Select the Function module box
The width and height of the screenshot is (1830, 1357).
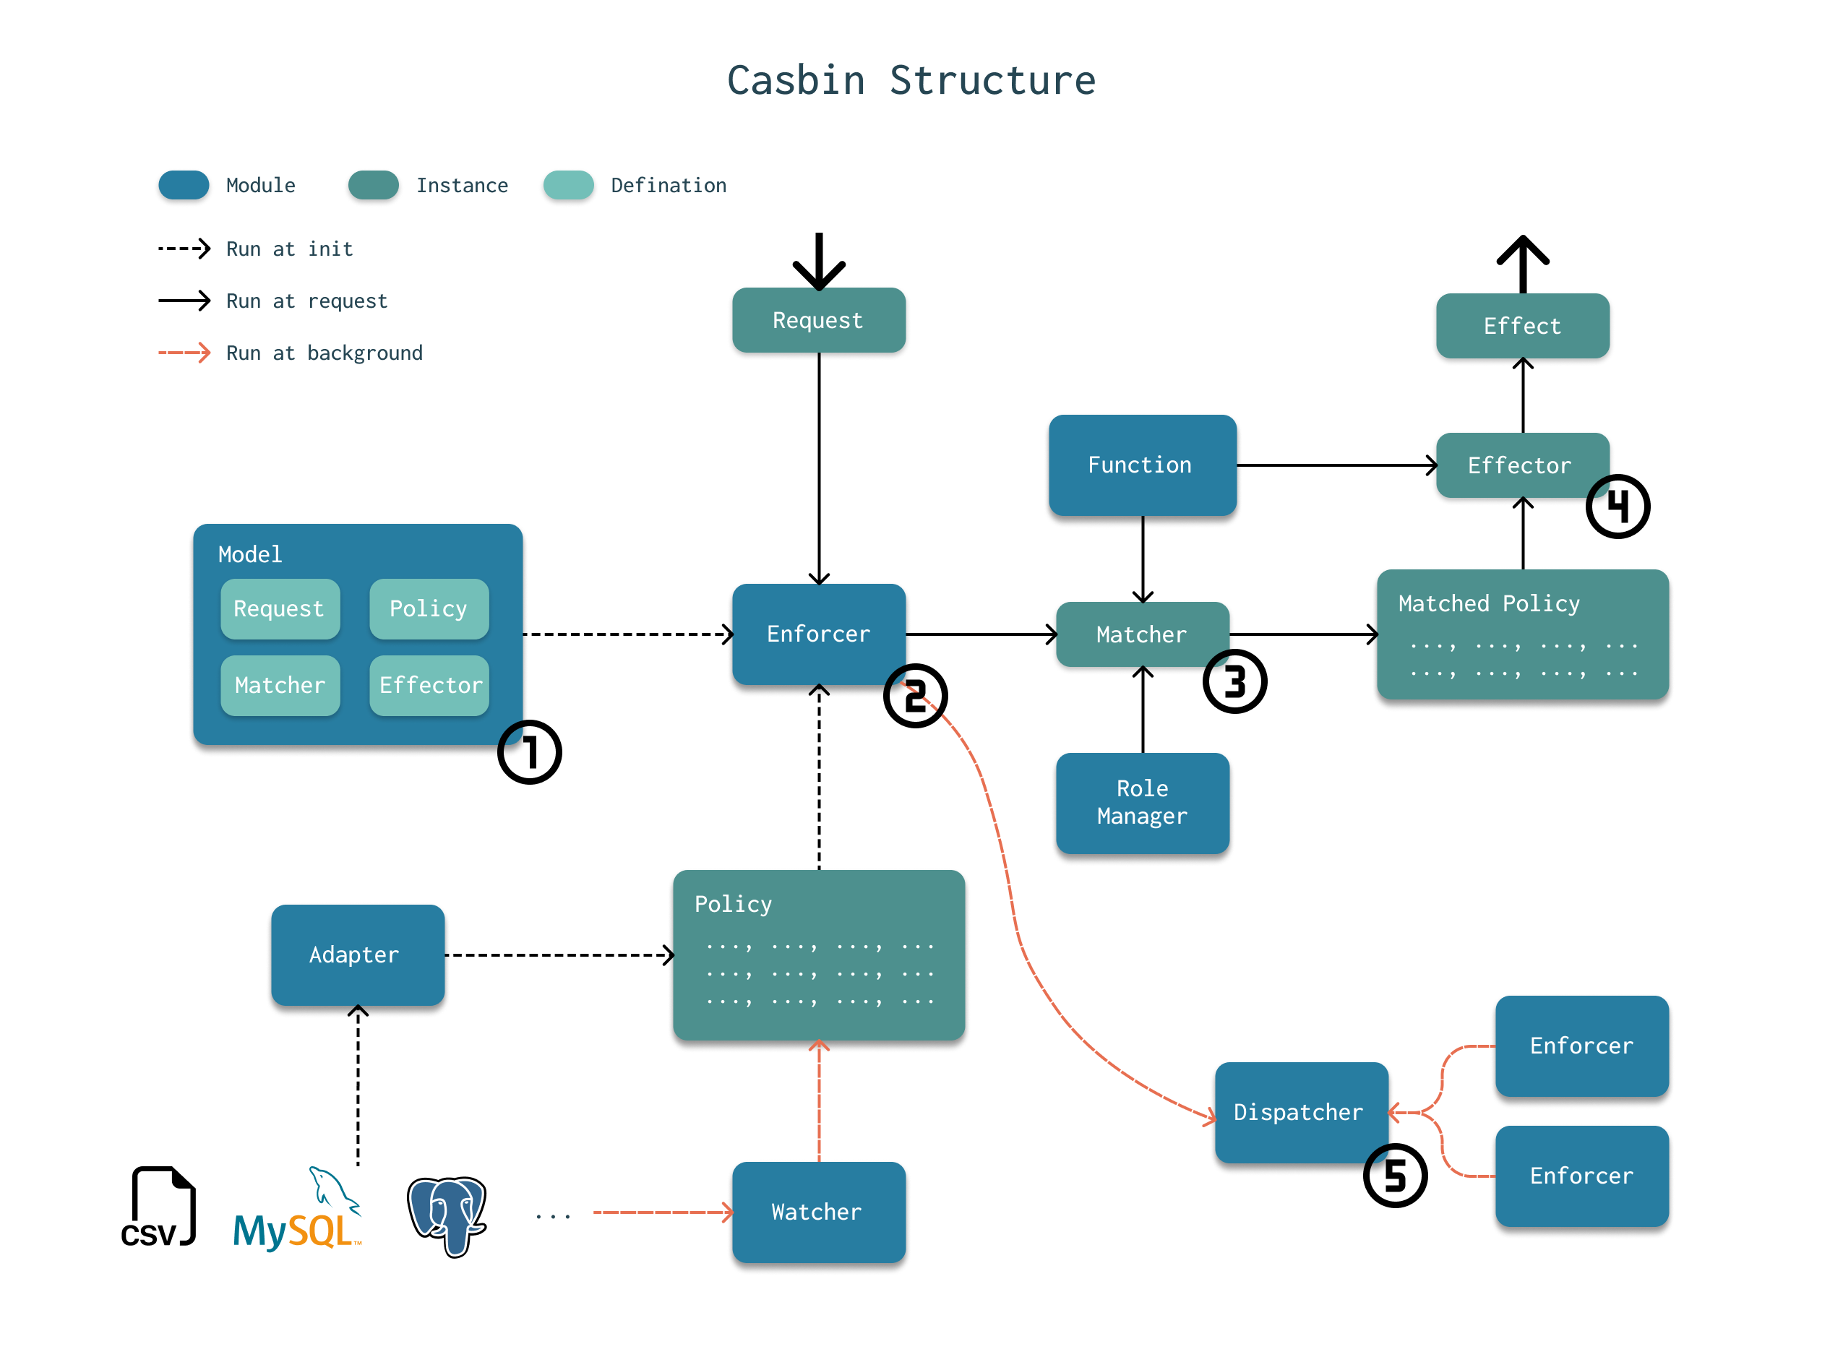coord(1141,465)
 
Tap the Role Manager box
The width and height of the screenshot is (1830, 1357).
coord(1141,803)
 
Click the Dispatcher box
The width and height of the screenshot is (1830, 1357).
coord(1300,1111)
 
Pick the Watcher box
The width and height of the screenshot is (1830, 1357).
coord(818,1212)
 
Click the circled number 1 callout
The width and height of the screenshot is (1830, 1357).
coord(529,752)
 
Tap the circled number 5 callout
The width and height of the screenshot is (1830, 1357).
coord(1394,1176)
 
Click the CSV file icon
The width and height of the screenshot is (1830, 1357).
coord(158,1207)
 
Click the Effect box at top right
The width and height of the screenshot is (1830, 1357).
coord(1522,326)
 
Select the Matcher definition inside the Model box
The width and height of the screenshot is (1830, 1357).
coord(280,685)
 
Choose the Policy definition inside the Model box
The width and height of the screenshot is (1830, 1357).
coord(429,608)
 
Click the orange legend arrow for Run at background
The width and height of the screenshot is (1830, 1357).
coord(184,353)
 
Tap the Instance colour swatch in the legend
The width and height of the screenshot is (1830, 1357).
coord(373,185)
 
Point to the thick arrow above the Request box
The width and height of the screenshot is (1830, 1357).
coord(818,262)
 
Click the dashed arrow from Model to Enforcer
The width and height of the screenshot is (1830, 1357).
coord(626,634)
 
